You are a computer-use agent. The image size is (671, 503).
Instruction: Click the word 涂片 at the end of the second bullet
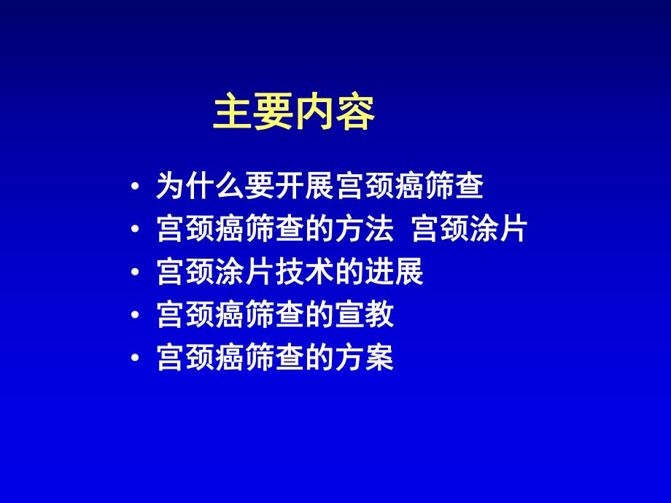(x=502, y=230)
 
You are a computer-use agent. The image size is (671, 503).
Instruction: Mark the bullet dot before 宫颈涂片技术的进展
(x=136, y=275)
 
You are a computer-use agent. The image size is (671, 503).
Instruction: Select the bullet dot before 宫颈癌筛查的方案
(x=136, y=360)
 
